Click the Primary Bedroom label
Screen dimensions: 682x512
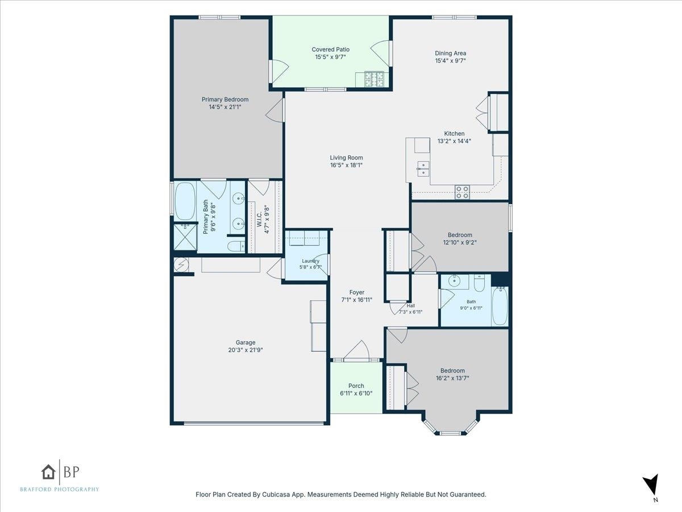click(225, 100)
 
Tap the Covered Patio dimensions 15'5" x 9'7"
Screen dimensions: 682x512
click(330, 57)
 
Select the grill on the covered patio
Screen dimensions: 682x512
click(374, 79)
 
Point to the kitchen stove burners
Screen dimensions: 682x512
click(462, 192)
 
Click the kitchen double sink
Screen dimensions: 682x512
click(423, 169)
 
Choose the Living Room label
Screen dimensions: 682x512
click(347, 158)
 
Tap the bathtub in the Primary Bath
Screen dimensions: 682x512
click(185, 201)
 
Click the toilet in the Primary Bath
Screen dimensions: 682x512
click(236, 246)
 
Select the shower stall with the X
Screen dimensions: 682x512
click(185, 237)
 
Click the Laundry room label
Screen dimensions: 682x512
click(310, 261)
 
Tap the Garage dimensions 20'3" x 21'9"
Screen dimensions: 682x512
click(246, 350)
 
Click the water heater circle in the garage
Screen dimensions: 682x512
click(181, 265)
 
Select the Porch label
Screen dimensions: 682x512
click(356, 386)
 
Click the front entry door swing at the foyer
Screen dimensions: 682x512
click(356, 351)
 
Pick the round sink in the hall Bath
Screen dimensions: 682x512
click(454, 281)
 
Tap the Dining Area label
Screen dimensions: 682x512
click(450, 53)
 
